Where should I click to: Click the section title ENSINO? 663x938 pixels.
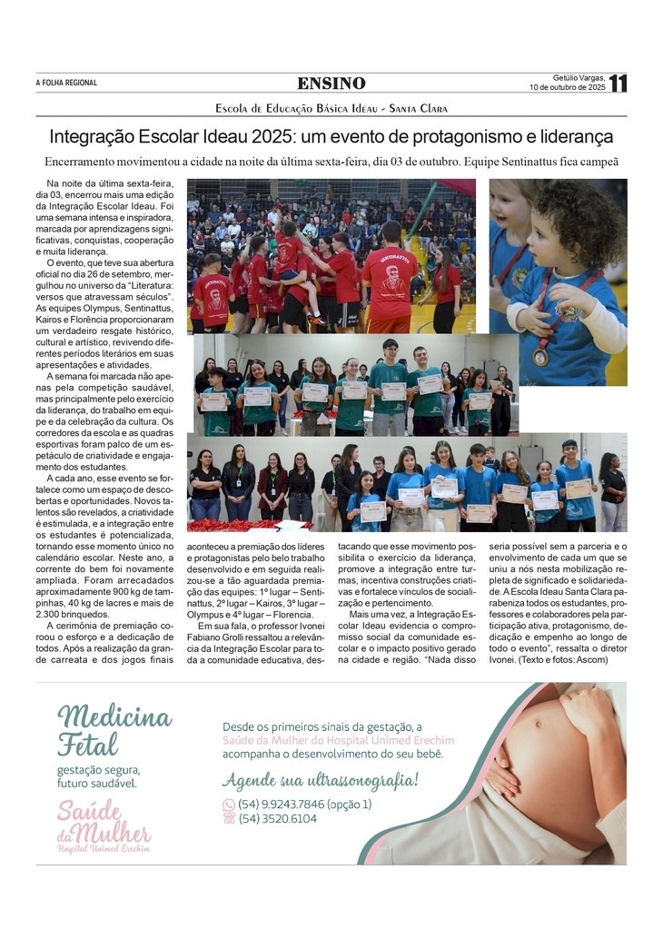tap(331, 84)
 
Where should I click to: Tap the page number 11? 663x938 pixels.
tap(618, 84)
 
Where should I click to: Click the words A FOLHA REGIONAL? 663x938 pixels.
tap(66, 84)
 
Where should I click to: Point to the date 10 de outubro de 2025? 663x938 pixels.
tap(568, 88)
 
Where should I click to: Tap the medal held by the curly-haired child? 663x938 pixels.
tap(540, 356)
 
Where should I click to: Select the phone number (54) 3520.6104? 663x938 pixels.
tap(278, 818)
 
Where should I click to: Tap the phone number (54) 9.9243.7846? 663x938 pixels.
tap(291, 804)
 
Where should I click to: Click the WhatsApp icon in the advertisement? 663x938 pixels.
tap(229, 805)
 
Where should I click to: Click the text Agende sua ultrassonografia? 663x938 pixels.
tap(320, 781)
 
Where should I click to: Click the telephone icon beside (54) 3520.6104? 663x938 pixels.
tap(229, 818)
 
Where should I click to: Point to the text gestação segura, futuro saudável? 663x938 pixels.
tap(98, 776)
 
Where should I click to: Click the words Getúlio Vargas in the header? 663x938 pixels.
tap(579, 77)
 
